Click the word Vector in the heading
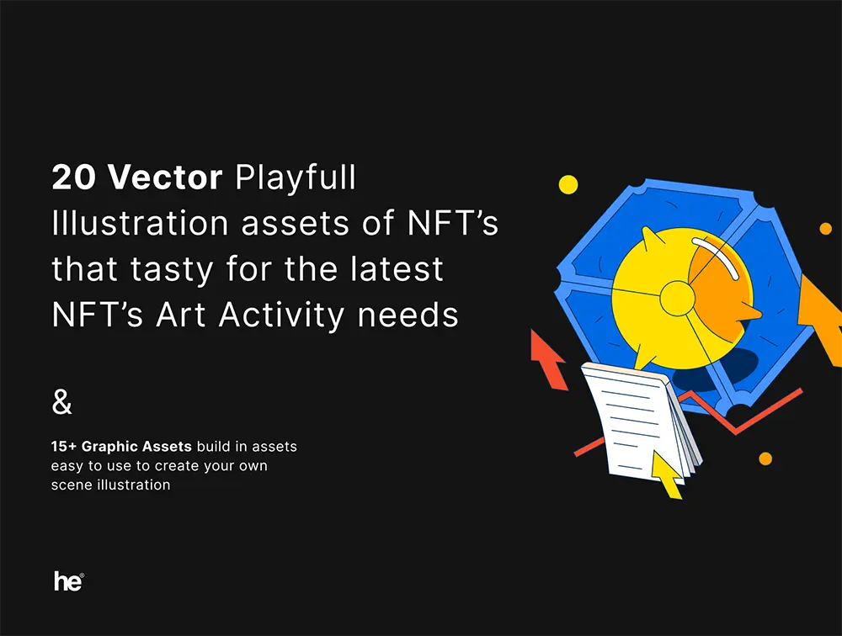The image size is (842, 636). (x=165, y=177)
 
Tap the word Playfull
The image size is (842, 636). (x=296, y=178)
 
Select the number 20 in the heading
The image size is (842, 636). (x=73, y=177)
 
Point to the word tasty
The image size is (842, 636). (x=172, y=269)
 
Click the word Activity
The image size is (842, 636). (x=281, y=315)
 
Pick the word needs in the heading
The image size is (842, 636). (x=408, y=315)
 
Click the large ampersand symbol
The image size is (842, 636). (x=61, y=402)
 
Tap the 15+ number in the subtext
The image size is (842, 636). (x=64, y=447)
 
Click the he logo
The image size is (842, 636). (x=69, y=581)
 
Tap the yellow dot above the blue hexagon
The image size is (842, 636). (x=568, y=184)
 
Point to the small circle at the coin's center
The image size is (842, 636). (x=677, y=299)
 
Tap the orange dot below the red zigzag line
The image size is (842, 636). (x=765, y=458)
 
